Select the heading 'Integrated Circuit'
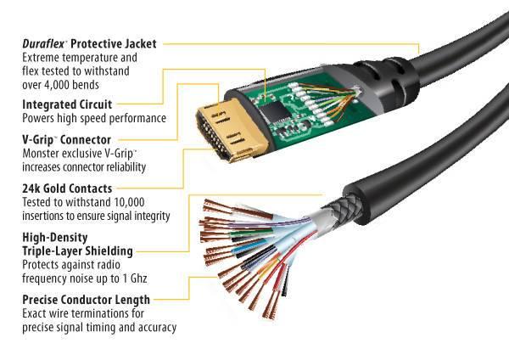coord(63,104)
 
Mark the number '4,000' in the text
coord(64,84)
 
